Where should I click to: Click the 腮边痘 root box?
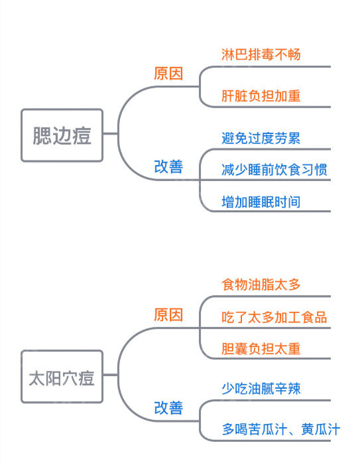pyautogui.click(x=62, y=135)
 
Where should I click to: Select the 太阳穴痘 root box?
pyautogui.click(x=62, y=377)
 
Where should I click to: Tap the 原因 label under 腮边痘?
pyautogui.click(x=168, y=74)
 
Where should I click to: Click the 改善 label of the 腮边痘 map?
pyautogui.click(x=168, y=166)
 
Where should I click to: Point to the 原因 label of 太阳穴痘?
pyautogui.click(x=168, y=314)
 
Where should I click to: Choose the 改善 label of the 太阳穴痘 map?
pyautogui.click(x=168, y=407)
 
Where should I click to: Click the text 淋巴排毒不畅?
pyautogui.click(x=261, y=54)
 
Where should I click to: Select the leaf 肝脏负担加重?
pyautogui.click(x=261, y=96)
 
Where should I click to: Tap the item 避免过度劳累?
pyautogui.click(x=261, y=139)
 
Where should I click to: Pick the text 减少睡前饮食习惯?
pyautogui.click(x=274, y=169)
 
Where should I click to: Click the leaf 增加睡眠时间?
pyautogui.click(x=261, y=201)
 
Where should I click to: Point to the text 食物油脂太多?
pyautogui.click(x=261, y=285)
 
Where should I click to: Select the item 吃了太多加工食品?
pyautogui.click(x=274, y=316)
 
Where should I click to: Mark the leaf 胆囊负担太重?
pyautogui.click(x=261, y=348)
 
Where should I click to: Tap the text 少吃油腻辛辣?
pyautogui.click(x=261, y=388)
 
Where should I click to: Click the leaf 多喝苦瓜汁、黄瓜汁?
pyautogui.click(x=280, y=429)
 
